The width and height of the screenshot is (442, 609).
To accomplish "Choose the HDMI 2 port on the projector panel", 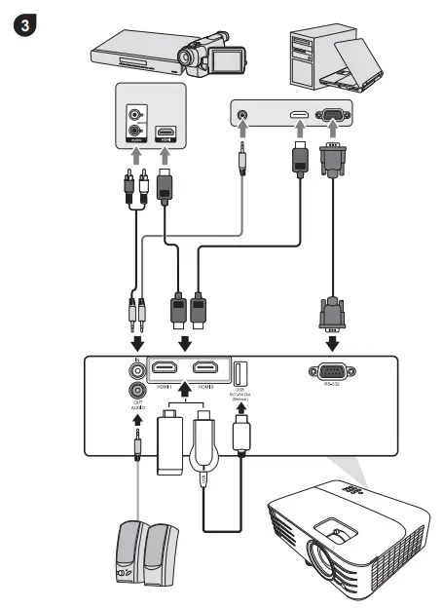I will [x=204, y=370].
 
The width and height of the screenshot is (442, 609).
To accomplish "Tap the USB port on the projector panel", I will [x=242, y=372].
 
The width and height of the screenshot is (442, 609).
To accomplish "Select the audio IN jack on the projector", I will [x=134, y=370].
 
